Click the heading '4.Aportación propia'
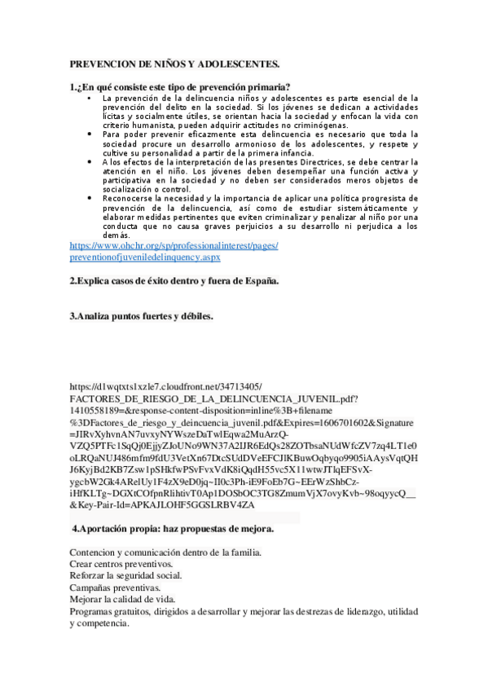[x=173, y=530]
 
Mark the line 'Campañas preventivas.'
[x=115, y=588]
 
